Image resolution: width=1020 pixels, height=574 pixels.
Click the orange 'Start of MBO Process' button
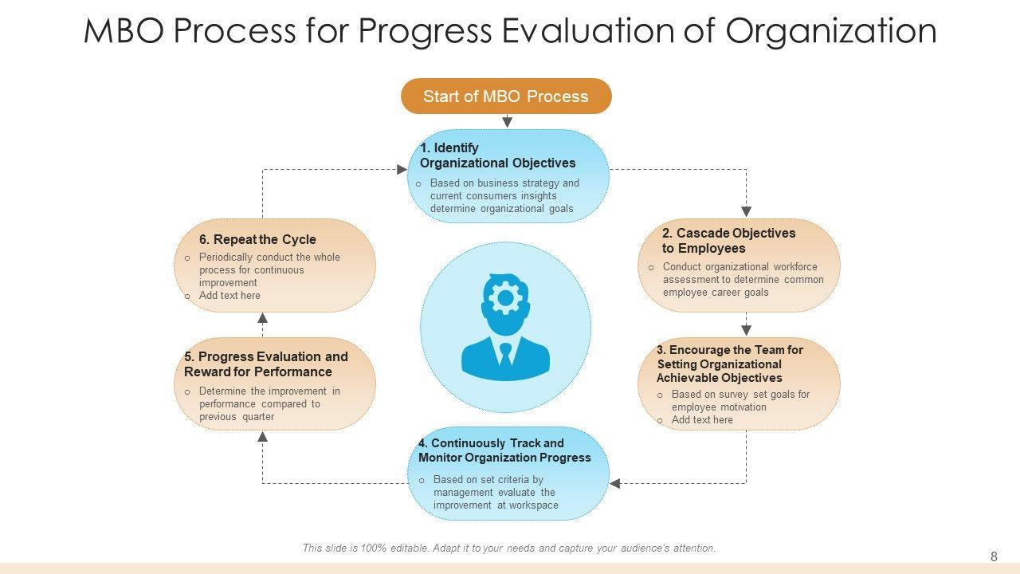pyautogui.click(x=506, y=96)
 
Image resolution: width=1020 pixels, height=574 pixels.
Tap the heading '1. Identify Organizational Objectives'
pyautogui.click(x=497, y=155)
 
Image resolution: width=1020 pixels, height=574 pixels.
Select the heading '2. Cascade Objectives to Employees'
pyautogui.click(x=728, y=241)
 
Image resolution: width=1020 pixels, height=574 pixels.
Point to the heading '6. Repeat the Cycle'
pyautogui.click(x=257, y=239)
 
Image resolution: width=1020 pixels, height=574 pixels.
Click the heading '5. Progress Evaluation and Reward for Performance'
pyautogui.click(x=266, y=364)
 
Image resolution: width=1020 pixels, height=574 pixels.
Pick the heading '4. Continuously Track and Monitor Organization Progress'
pyautogui.click(x=504, y=450)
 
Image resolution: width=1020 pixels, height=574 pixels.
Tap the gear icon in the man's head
pyautogui.click(x=504, y=298)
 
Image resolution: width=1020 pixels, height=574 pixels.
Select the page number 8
pyautogui.click(x=994, y=556)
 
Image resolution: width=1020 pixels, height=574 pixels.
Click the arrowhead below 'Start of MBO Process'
pyautogui.click(x=508, y=122)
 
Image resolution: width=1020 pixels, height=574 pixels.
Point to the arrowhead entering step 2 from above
pyautogui.click(x=746, y=212)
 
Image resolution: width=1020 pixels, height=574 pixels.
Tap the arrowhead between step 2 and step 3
pyautogui.click(x=746, y=330)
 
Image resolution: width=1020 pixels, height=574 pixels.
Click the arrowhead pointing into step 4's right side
pyautogui.click(x=614, y=483)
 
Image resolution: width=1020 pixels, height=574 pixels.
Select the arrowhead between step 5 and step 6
pyautogui.click(x=262, y=318)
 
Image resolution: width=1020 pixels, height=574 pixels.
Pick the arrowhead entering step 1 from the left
pyautogui.click(x=402, y=170)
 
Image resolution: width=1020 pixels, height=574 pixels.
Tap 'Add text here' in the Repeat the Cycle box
pyautogui.click(x=229, y=295)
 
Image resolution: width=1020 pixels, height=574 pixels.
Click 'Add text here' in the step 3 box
pyautogui.click(x=702, y=419)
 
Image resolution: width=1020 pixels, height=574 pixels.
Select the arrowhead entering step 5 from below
pyautogui.click(x=262, y=437)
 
